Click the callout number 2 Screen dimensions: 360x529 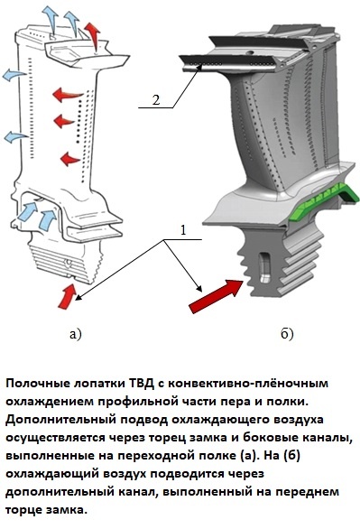coord(155,100)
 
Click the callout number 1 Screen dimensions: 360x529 coord(183,230)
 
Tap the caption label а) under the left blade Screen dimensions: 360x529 coord(76,334)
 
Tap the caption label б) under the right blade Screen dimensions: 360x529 coord(287,333)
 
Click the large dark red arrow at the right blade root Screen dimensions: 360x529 coord(216,296)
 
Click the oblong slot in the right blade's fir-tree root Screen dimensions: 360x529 coord(264,267)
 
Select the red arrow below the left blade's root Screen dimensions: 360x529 coord(67,296)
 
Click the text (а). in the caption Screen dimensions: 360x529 coord(251,456)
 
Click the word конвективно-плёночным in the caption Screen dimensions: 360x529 coord(248,384)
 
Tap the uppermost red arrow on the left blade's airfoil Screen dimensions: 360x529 coord(68,94)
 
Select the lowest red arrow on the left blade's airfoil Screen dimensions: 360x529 coord(70,159)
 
